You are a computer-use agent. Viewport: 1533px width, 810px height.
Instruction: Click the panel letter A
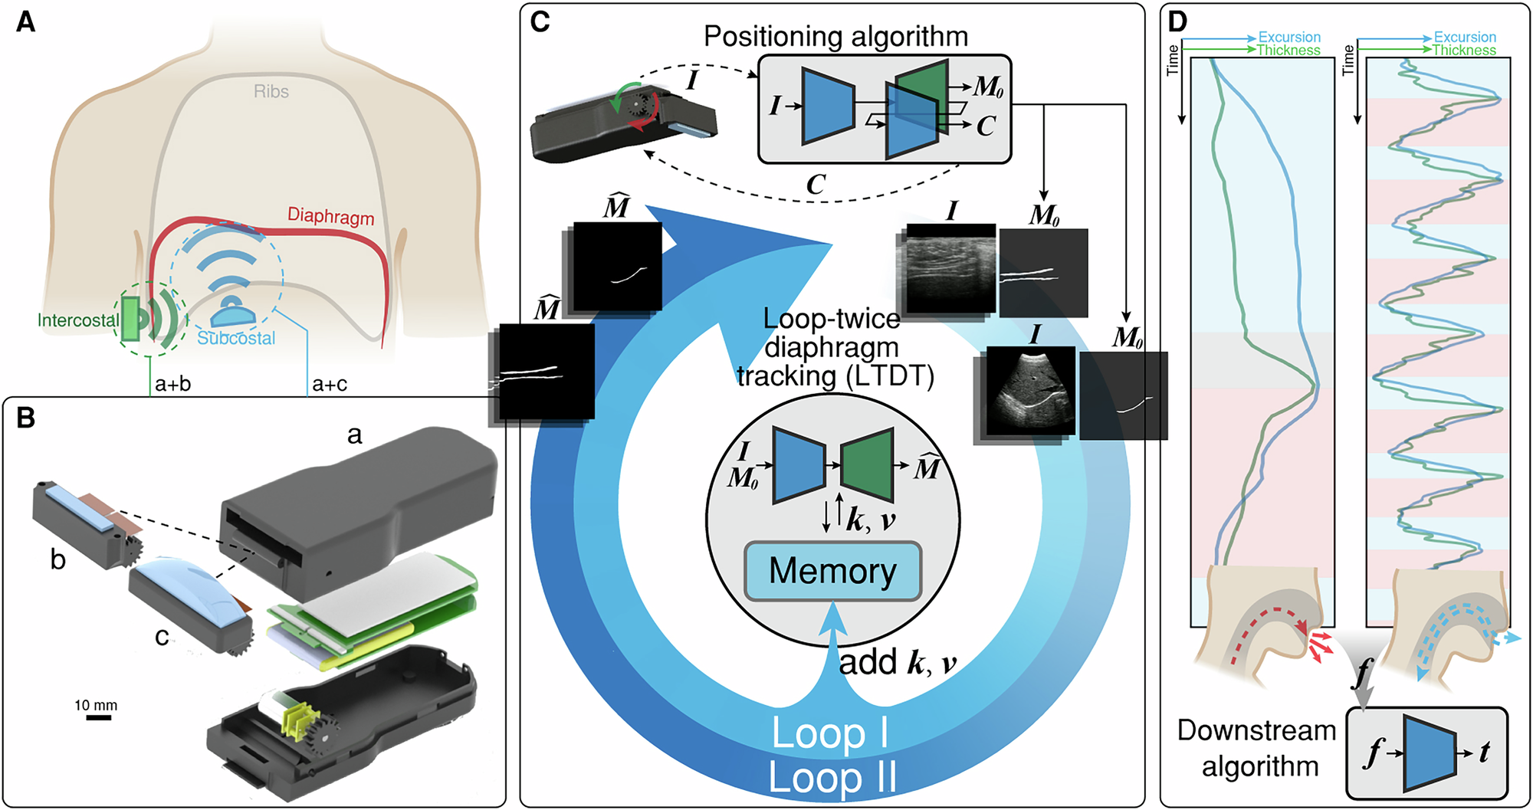tap(25, 22)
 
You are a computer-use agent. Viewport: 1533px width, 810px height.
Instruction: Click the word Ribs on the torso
tap(271, 92)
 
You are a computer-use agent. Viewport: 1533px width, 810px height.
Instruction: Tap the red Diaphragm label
tap(330, 216)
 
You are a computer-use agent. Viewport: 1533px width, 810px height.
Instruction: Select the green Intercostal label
tap(78, 320)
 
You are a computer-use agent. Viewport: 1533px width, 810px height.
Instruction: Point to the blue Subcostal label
tap(236, 338)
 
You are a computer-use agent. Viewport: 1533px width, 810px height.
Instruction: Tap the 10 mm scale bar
tap(98, 717)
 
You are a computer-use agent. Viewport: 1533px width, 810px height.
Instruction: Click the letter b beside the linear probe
tap(57, 560)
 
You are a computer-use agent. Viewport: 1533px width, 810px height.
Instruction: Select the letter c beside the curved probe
tap(162, 635)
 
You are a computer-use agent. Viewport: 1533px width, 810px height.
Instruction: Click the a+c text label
tap(330, 384)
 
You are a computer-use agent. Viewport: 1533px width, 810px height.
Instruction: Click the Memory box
tap(832, 571)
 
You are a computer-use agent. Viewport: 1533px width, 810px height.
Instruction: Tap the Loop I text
tap(829, 733)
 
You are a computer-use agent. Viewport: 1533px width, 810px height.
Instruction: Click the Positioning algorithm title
tap(835, 36)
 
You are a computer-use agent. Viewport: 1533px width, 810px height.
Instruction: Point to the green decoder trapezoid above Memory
tap(866, 465)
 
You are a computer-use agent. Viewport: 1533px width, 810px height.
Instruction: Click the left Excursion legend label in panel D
tap(1289, 37)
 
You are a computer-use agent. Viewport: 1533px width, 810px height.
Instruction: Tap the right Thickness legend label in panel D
tap(1463, 51)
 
